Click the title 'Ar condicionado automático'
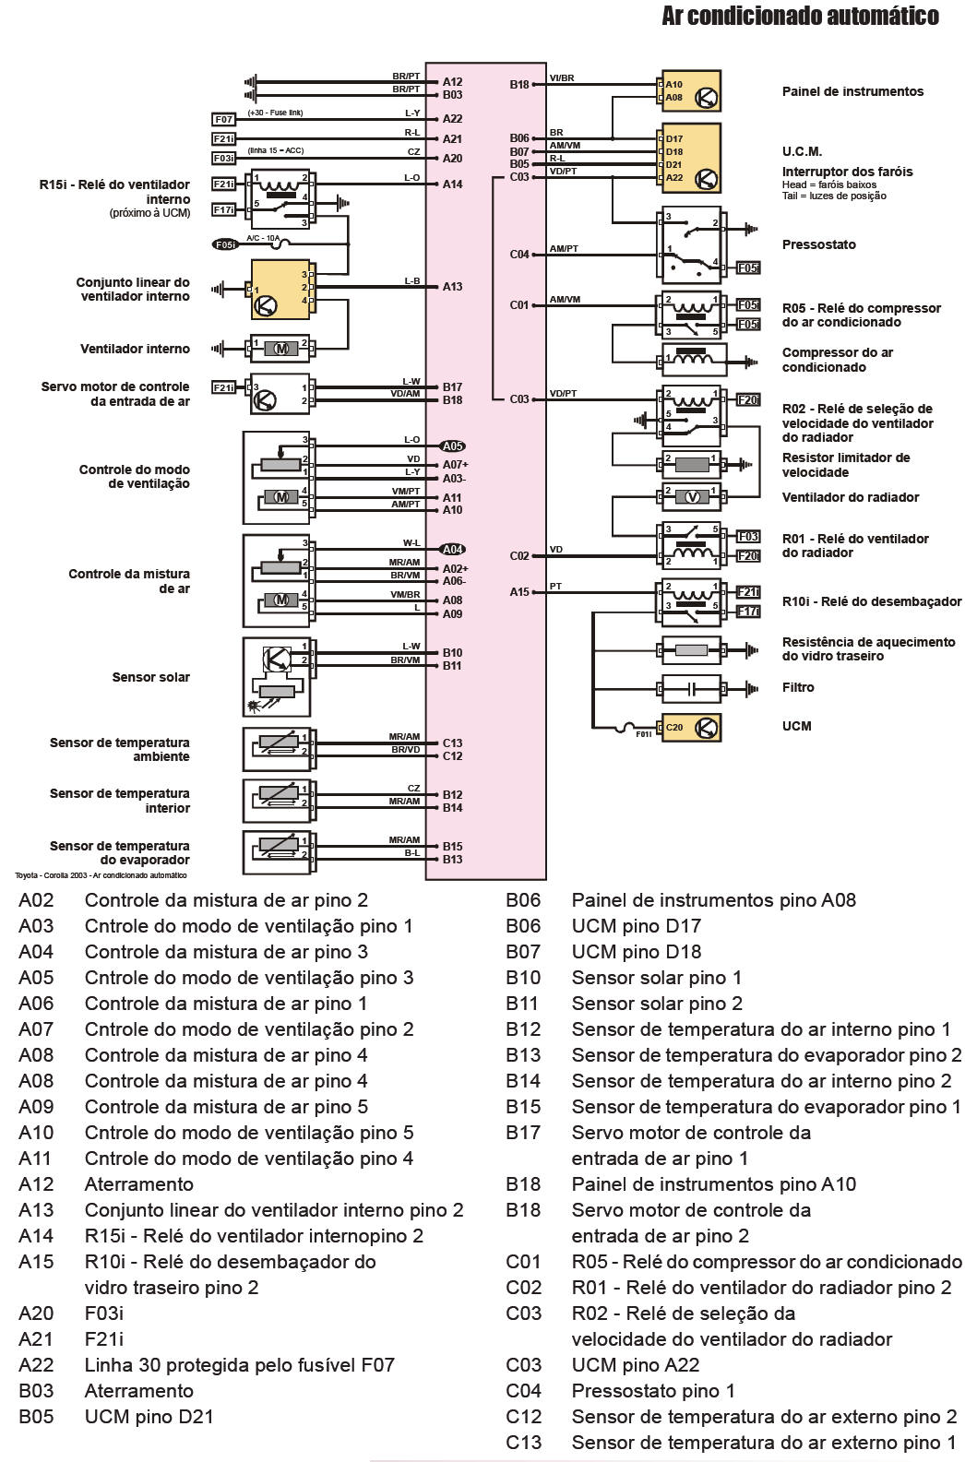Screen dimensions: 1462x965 800,16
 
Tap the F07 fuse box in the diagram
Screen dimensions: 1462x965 223,119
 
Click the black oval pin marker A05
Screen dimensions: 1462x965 453,446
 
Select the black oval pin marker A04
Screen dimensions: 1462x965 453,549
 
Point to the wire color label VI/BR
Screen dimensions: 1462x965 562,78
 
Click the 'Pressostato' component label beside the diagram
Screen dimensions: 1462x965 818,244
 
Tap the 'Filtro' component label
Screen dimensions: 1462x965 798,687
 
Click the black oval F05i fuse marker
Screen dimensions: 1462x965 225,244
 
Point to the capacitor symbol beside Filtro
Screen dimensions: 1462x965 692,688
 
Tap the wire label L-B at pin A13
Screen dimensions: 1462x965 411,281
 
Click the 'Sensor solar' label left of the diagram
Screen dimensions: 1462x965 150,677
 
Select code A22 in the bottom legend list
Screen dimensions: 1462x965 36,1365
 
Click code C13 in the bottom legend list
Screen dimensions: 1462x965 523,1443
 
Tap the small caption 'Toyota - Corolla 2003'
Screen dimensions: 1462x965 101,875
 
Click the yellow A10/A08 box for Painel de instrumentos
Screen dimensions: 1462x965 689,91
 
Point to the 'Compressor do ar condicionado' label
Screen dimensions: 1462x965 837,360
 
